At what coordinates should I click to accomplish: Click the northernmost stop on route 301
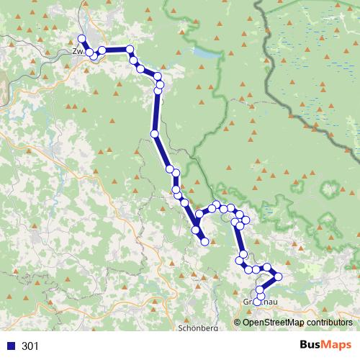(x=81, y=39)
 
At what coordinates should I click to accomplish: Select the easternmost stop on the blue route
(x=278, y=276)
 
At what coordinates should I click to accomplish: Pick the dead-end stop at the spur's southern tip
(x=204, y=242)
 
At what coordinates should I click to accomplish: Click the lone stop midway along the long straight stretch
(x=154, y=133)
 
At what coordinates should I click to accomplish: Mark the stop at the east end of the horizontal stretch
(x=130, y=50)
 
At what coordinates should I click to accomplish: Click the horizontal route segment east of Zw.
(x=116, y=50)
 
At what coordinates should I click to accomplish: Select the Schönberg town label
(x=197, y=328)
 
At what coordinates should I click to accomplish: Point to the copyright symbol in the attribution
(x=239, y=323)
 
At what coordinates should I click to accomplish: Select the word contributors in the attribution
(x=328, y=323)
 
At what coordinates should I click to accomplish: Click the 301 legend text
(x=30, y=346)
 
